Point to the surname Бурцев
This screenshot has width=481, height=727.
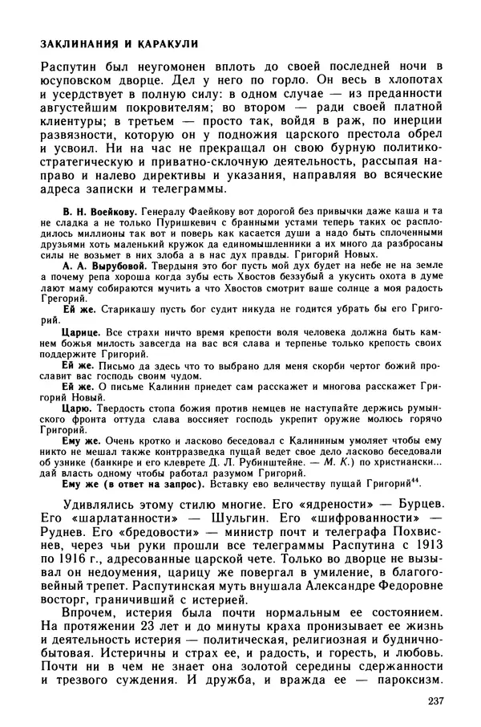[420, 508]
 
